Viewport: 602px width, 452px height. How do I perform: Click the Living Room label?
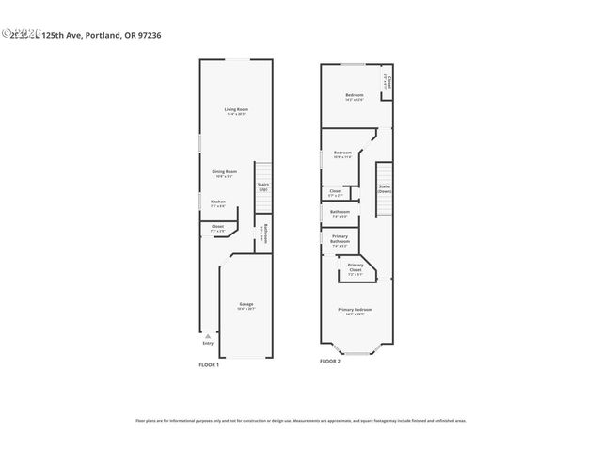[x=234, y=111]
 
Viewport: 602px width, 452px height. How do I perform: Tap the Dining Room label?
[x=224, y=172]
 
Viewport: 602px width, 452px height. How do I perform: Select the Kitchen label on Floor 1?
[x=217, y=202]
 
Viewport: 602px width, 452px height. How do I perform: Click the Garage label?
[x=246, y=305]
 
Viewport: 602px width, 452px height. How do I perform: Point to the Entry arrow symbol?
[x=208, y=335]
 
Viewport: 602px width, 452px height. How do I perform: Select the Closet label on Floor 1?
[x=217, y=227]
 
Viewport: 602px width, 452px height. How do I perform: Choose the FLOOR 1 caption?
[x=208, y=364]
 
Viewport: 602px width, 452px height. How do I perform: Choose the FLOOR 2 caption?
[x=329, y=361]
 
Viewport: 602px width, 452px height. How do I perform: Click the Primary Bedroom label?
[x=356, y=310]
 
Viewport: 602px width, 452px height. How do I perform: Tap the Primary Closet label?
[x=356, y=267]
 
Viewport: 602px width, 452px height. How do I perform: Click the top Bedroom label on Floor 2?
[x=354, y=96]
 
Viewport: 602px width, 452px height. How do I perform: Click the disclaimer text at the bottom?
[x=301, y=421]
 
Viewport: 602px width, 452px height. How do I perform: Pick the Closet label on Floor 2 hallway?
[x=336, y=192]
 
